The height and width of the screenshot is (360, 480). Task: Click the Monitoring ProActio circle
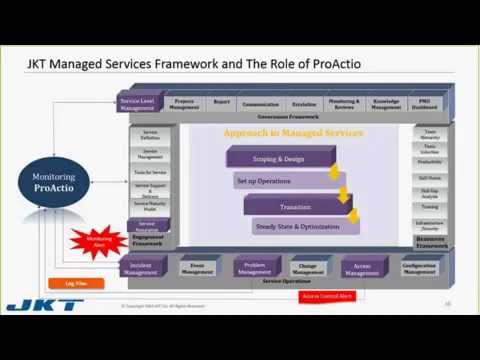pos(54,183)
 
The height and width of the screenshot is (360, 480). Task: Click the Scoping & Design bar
pos(278,157)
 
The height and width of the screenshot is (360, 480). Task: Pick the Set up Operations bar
pos(285,181)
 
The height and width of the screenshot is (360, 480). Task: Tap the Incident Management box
pos(140,268)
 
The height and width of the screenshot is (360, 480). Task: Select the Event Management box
pos(198,268)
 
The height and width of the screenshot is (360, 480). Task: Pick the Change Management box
pos(308,268)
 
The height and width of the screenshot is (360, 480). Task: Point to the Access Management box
pos(362,268)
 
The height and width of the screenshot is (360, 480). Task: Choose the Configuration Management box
pos(419,268)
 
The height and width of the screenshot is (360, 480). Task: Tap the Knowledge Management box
pos(386,103)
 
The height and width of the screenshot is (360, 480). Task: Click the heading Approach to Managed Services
pos(293,133)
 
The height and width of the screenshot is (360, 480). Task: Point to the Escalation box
pos(304,103)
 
